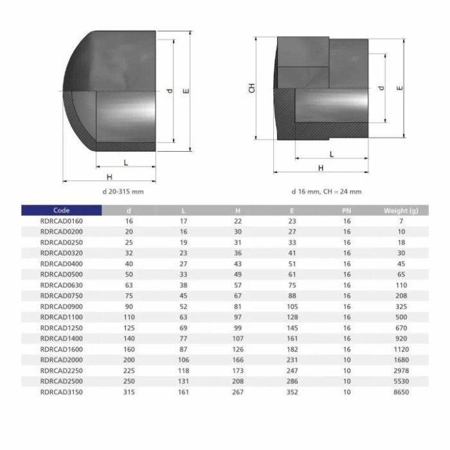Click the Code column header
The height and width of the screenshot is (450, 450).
click(62, 210)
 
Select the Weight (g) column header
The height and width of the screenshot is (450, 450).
click(401, 211)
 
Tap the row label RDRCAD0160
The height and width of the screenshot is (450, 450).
click(62, 221)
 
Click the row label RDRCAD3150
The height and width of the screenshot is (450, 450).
click(62, 392)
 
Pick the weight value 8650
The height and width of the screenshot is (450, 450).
click(401, 392)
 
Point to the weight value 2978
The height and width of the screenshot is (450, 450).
click(401, 371)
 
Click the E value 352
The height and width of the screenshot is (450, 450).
click(292, 392)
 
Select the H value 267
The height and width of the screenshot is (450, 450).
click(238, 392)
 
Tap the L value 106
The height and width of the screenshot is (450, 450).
click(183, 360)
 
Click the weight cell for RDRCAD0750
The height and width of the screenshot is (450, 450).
click(401, 296)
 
